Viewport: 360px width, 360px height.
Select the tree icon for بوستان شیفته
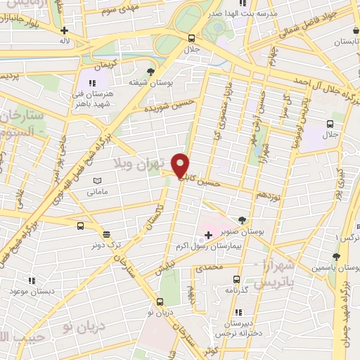point(150,71)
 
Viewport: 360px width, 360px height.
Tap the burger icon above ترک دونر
point(106,235)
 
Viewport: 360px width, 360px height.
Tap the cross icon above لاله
point(65,30)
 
